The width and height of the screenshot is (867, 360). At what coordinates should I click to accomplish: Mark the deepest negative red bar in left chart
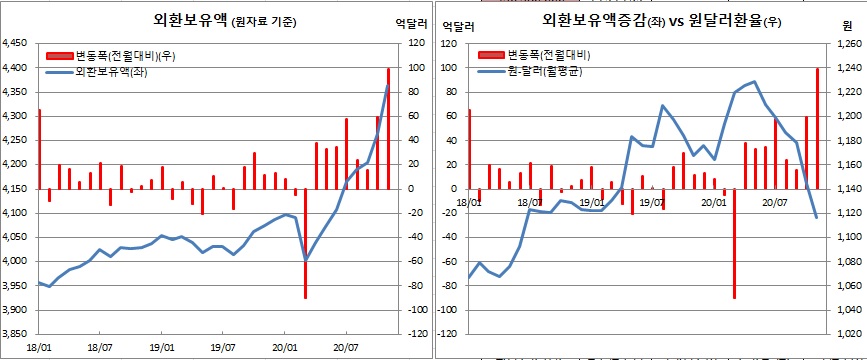point(305,243)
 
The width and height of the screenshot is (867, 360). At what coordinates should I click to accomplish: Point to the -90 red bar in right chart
point(734,243)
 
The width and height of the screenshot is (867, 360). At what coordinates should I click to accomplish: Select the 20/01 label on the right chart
point(712,201)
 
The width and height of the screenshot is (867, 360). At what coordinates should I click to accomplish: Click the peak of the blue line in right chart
point(754,82)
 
